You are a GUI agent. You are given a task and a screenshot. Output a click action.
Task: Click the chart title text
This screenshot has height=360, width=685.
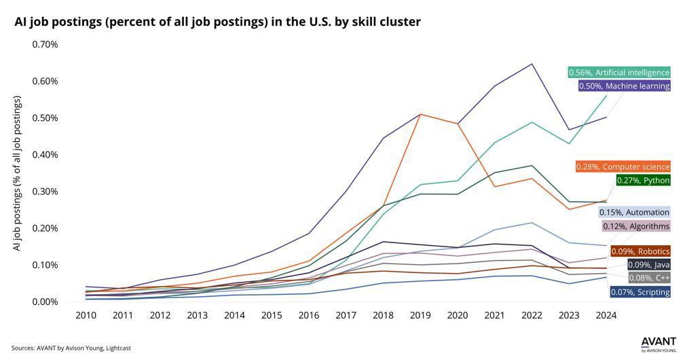pyautogui.click(x=217, y=22)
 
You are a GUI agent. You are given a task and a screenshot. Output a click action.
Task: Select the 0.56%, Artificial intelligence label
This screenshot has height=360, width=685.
pyautogui.click(x=619, y=73)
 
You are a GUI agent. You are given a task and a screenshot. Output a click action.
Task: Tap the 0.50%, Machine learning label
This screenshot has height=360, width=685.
pyautogui.click(x=625, y=86)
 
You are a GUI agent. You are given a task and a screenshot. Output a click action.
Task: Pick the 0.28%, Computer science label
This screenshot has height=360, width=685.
pyautogui.click(x=623, y=166)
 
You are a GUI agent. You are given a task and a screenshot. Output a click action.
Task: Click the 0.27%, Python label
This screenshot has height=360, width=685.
pyautogui.click(x=643, y=180)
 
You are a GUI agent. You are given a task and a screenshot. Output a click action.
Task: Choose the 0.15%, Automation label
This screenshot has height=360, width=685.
pyautogui.click(x=634, y=213)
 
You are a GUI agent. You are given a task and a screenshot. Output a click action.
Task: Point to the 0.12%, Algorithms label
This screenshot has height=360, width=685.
pyautogui.click(x=635, y=226)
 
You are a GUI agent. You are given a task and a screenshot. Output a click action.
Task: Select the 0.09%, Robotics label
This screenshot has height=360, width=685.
pyautogui.click(x=640, y=251)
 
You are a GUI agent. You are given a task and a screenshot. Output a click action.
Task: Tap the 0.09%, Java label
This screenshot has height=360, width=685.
pyautogui.click(x=649, y=264)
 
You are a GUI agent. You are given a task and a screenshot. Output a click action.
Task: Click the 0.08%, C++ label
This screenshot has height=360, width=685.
pyautogui.click(x=649, y=277)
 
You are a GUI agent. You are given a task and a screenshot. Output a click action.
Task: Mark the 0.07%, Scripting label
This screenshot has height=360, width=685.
pyautogui.click(x=640, y=292)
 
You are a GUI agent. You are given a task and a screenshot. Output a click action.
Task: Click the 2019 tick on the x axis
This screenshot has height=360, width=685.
pyautogui.click(x=420, y=315)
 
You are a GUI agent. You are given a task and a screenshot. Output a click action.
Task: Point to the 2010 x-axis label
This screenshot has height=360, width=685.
pyautogui.click(x=86, y=315)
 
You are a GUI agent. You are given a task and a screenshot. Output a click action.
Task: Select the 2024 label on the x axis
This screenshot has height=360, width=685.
pyautogui.click(x=606, y=315)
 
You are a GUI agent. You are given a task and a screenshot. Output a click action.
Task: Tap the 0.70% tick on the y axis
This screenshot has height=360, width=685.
pyautogui.click(x=45, y=45)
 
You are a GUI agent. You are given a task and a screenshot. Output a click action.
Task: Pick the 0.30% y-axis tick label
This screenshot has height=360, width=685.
pyautogui.click(x=45, y=192)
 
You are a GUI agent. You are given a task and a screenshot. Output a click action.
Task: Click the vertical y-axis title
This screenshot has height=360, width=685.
pyautogui.click(x=17, y=173)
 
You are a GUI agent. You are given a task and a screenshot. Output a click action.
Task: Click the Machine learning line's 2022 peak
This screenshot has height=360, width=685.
pyautogui.click(x=532, y=64)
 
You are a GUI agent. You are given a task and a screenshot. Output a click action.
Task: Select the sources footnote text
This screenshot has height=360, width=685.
pyautogui.click(x=71, y=348)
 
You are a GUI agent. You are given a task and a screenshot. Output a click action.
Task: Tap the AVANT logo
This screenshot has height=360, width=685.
pyautogui.click(x=659, y=344)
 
